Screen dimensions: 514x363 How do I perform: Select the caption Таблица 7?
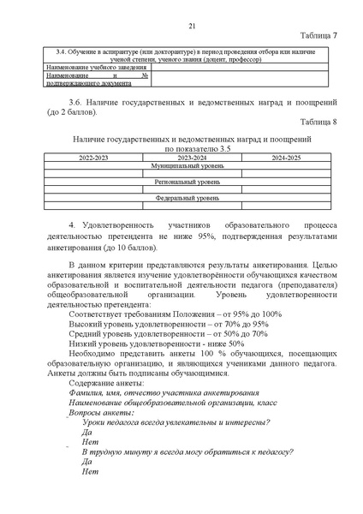click(318, 36)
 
